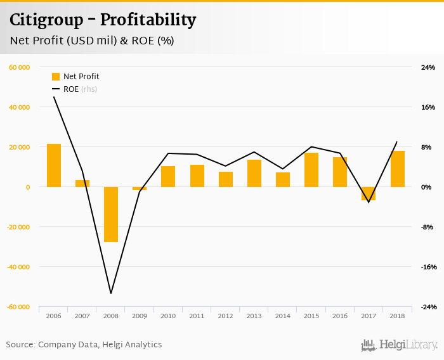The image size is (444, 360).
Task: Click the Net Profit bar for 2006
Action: tap(54, 165)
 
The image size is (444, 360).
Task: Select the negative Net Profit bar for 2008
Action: tap(111, 214)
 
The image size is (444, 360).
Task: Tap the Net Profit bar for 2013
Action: tap(254, 173)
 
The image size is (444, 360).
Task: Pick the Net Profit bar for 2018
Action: tap(398, 169)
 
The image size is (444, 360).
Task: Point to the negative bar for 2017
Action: tap(369, 193)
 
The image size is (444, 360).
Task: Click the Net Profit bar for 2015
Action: tap(311, 170)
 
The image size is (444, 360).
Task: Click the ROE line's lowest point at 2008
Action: tap(111, 293)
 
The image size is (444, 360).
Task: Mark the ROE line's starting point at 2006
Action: tap(54, 97)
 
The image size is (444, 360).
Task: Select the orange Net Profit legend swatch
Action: tap(56, 77)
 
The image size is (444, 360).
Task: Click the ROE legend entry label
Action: tap(71, 89)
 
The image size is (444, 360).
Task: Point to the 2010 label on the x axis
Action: tap(168, 316)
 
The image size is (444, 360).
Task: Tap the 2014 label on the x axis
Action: tap(283, 316)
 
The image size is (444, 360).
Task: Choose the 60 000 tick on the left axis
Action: tap(20, 67)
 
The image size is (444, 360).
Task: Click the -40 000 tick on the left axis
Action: tap(18, 267)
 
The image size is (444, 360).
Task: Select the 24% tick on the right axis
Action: tap(428, 67)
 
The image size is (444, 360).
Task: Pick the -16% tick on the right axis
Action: tap(428, 267)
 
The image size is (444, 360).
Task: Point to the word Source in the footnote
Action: tap(20, 345)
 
